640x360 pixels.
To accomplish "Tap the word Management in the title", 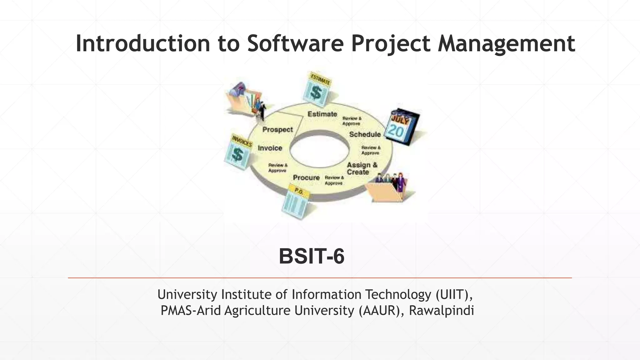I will coord(506,44).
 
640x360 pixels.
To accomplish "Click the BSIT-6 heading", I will coord(311,256).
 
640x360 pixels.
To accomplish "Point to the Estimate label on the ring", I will coord(322,114).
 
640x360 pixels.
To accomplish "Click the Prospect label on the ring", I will coord(277,129).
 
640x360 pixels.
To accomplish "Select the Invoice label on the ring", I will coord(270,148).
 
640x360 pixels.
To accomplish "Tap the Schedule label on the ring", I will coord(365,134).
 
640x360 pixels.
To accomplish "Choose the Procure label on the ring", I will coord(306,177).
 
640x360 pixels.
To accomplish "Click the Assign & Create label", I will coord(362,168).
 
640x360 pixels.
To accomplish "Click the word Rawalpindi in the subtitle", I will coord(441,311).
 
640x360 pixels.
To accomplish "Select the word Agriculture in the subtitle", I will coord(257,311).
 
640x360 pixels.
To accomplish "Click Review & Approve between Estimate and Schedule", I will coord(352,121).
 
